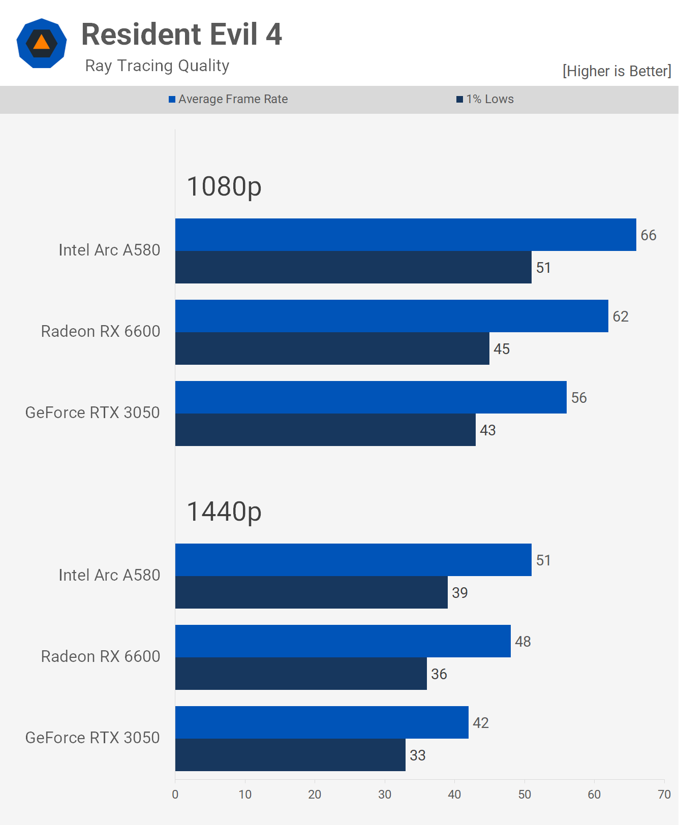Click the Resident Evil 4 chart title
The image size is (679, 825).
[181, 35]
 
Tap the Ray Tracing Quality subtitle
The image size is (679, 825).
[157, 66]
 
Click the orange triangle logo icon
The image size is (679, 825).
[42, 43]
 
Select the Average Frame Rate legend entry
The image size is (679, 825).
[228, 99]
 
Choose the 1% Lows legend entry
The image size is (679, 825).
[485, 99]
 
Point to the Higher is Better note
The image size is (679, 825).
[616, 71]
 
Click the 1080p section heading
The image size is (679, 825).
[224, 186]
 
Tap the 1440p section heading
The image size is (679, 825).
[224, 512]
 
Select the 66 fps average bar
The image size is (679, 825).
[406, 235]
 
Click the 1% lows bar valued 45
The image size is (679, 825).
[332, 348]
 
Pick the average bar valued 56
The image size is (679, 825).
[371, 397]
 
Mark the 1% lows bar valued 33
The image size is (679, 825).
[290, 755]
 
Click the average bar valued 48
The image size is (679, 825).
[343, 641]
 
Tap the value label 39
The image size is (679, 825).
[460, 593]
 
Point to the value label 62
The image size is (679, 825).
[621, 316]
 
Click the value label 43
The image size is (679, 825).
[488, 430]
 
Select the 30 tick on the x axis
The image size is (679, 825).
[385, 795]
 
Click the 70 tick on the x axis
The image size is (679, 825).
[664, 795]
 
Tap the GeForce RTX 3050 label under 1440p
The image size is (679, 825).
[92, 738]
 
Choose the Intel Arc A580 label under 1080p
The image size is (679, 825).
[109, 250]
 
